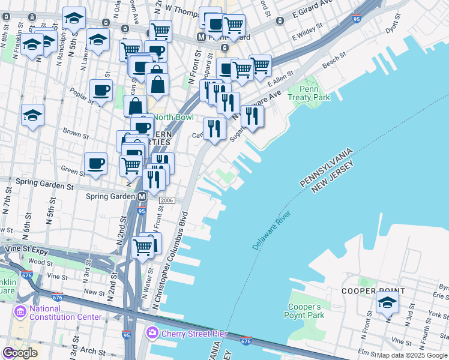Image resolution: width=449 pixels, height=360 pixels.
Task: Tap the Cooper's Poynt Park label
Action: tap(306, 310)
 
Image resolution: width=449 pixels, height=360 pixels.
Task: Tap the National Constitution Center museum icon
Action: tap(19, 312)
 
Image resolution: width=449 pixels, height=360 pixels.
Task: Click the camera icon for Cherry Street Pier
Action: tap(152, 332)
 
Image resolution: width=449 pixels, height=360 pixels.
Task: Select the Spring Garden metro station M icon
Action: tap(142, 197)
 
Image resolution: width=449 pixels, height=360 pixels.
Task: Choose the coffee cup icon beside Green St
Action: tap(96, 163)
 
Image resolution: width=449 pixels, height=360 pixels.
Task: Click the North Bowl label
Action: tap(177, 117)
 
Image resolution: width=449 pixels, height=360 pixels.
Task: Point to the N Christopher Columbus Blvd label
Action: tap(172, 262)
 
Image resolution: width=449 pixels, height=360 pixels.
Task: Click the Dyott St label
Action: tap(393, 26)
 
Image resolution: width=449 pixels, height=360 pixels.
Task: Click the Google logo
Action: tap(20, 353)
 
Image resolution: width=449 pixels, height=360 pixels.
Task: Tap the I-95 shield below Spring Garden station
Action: tap(141, 211)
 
